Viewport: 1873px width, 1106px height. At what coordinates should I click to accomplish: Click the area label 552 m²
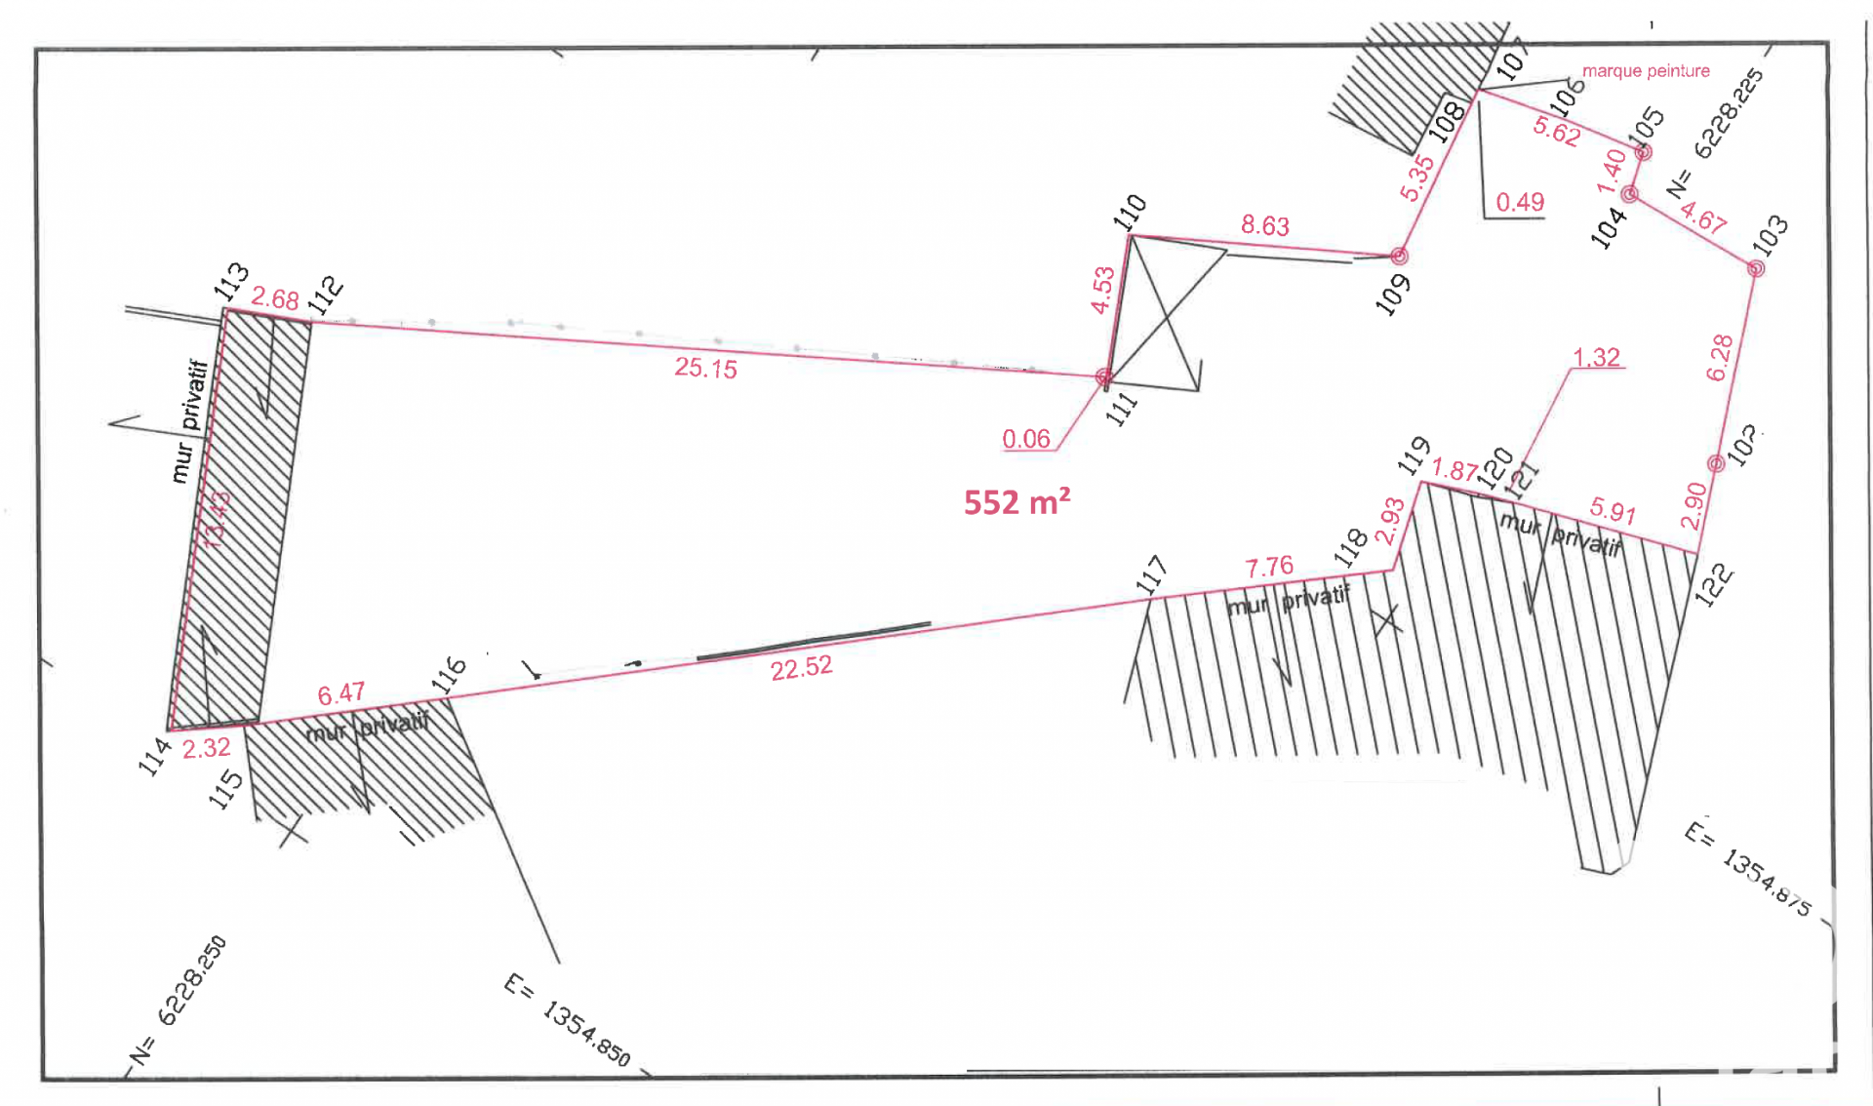tap(1016, 502)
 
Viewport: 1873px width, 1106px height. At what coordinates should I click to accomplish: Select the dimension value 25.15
tap(705, 368)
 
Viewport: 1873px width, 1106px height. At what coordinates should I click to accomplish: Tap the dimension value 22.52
tap(801, 668)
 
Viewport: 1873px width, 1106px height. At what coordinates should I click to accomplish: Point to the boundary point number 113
tap(232, 282)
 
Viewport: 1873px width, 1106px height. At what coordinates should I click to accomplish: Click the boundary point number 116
tap(450, 675)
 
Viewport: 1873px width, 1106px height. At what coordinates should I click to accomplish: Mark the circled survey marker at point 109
tap(1399, 257)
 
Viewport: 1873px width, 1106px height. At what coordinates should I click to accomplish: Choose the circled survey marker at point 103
tap(1756, 268)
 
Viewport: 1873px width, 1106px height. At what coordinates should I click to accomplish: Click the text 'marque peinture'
tap(1646, 71)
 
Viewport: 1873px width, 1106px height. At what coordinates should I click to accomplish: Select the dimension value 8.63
tap(1264, 225)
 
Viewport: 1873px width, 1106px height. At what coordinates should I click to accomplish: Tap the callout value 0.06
tap(1026, 439)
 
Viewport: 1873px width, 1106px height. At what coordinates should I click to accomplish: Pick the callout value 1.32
tap(1596, 358)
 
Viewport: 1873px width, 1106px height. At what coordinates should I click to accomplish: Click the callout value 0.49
tap(1520, 202)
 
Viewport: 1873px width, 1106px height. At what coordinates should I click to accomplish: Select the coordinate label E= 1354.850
tap(568, 1019)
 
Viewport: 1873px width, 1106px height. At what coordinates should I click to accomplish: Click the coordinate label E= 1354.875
tap(1748, 869)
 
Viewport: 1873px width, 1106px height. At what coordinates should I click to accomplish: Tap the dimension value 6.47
tap(340, 694)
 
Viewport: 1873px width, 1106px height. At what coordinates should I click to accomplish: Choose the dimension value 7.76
tap(1269, 567)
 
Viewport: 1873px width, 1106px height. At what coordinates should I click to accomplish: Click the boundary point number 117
tap(1152, 574)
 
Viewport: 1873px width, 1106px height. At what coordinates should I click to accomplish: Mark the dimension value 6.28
tap(1720, 358)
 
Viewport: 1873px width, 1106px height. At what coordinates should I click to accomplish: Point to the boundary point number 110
tap(1130, 212)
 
